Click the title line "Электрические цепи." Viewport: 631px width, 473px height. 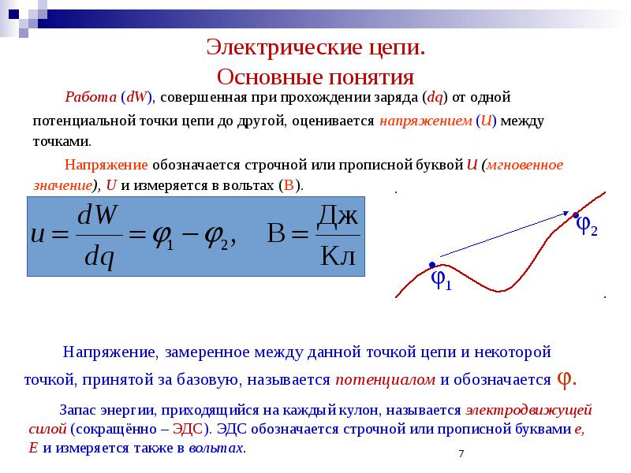click(315, 47)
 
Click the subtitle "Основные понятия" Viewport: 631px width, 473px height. click(315, 77)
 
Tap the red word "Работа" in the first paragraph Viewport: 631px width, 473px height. click(91, 98)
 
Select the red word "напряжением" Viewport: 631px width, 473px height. click(425, 122)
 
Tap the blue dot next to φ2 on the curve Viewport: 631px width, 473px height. click(576, 215)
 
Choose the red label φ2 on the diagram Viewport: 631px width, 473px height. click(587, 227)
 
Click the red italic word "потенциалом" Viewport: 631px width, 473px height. click(386, 379)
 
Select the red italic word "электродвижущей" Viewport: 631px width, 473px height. click(528, 410)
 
